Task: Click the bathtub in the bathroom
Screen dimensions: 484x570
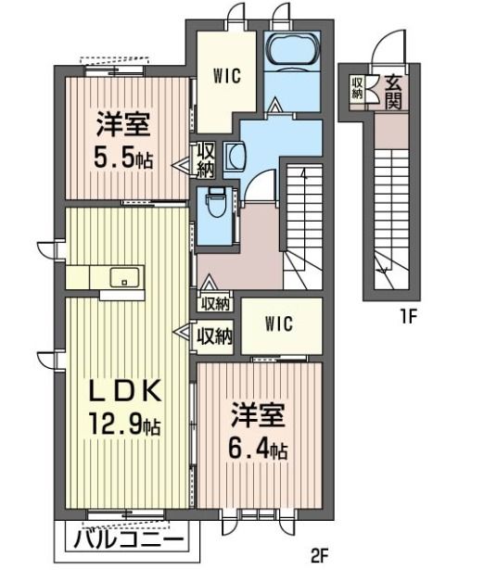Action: (292, 50)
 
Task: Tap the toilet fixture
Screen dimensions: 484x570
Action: (216, 202)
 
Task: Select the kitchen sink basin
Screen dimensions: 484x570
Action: (124, 277)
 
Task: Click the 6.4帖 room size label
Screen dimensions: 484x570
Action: (257, 450)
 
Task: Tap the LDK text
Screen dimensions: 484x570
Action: (125, 392)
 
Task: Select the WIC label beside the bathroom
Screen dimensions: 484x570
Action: (227, 76)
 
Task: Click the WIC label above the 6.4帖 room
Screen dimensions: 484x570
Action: (278, 323)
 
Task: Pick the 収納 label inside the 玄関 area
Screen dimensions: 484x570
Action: (357, 88)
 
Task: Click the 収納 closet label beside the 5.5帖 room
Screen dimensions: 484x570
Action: (206, 159)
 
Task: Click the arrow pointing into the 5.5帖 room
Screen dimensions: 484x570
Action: (181, 166)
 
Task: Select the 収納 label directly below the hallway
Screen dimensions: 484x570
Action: (216, 304)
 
